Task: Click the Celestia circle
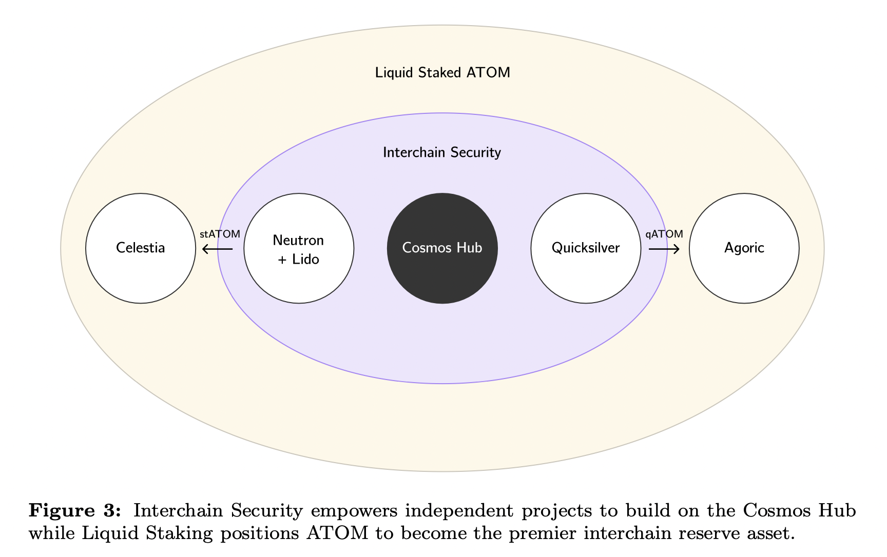coord(141,248)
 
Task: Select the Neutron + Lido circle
coord(299,248)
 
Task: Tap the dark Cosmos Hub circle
coord(442,248)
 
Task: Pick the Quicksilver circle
coord(586,248)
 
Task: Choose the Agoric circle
coord(744,248)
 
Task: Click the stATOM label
coord(220,234)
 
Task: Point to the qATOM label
coord(664,234)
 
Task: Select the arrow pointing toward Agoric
coord(664,249)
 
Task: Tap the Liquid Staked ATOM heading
coord(442,73)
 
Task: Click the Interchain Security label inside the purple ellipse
coord(442,152)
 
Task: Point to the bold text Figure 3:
coord(75,511)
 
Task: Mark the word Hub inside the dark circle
coord(470,248)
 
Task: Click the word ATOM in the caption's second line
coord(337,533)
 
